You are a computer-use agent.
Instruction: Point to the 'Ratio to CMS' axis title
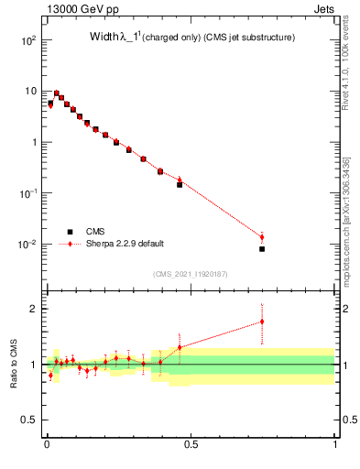(x=13, y=364)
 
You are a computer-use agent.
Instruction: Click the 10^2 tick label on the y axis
(x=27, y=41)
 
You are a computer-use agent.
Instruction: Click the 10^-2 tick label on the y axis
(x=27, y=245)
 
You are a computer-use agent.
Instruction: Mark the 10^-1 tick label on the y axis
(x=27, y=193)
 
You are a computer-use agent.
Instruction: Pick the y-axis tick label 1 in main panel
(x=34, y=143)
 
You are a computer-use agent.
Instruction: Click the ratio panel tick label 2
(x=35, y=309)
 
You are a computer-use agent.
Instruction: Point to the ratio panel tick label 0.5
(x=29, y=420)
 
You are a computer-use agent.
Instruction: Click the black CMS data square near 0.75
(x=262, y=248)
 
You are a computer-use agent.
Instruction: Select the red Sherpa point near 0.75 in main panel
(x=262, y=237)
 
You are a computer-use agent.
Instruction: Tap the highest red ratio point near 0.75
(x=262, y=322)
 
